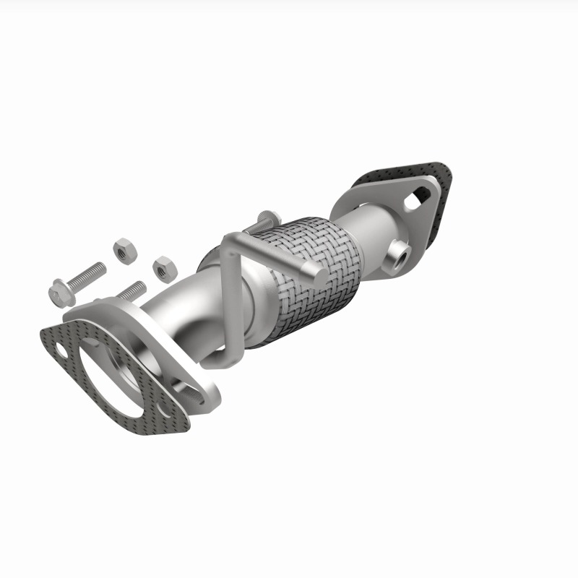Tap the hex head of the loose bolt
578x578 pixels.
pyautogui.click(x=58, y=292)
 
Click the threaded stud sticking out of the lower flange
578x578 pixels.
pyautogui.click(x=131, y=292)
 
